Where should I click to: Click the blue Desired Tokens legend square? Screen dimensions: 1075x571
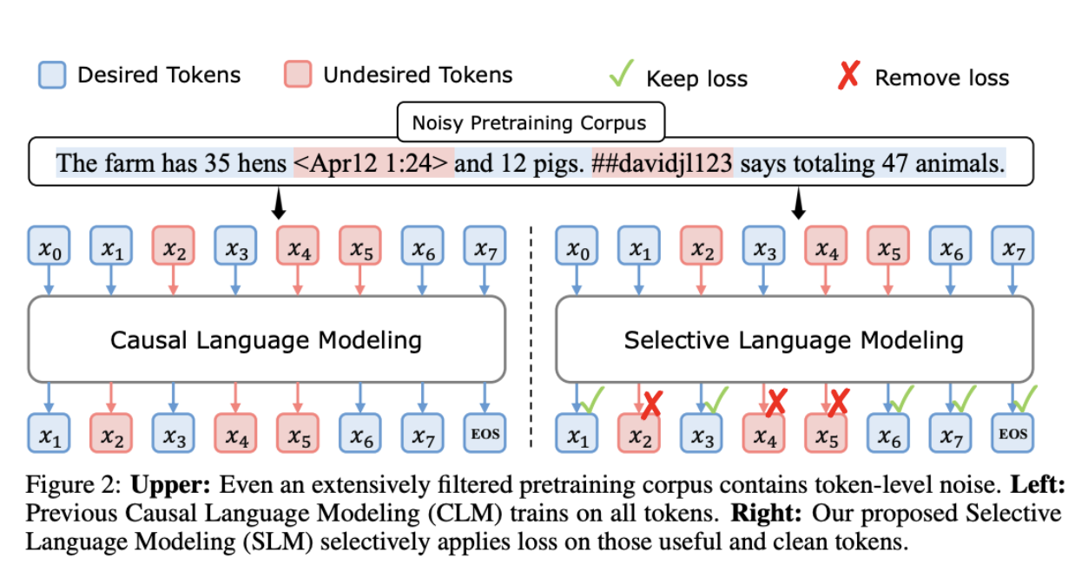(x=52, y=75)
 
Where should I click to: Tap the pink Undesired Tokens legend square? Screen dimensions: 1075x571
(x=298, y=74)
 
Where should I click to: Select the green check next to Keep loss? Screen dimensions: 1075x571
(x=622, y=74)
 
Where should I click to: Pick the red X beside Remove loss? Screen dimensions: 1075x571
(x=848, y=75)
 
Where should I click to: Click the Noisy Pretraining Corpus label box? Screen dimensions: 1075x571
(x=531, y=121)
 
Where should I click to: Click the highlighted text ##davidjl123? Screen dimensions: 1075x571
(x=663, y=163)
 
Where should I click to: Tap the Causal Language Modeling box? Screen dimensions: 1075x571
(x=267, y=339)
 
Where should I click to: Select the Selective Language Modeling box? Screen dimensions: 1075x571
(x=795, y=339)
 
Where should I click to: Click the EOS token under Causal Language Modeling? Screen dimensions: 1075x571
(x=485, y=433)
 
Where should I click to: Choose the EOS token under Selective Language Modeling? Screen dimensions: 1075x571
(x=1012, y=433)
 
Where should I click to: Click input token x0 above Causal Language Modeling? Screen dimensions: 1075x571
(x=49, y=246)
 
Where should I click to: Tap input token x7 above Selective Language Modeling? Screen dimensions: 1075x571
(x=1012, y=246)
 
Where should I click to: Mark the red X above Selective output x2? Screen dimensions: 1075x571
(x=653, y=404)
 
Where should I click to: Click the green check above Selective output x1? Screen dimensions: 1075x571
(x=592, y=399)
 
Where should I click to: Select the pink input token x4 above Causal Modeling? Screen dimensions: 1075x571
(x=298, y=246)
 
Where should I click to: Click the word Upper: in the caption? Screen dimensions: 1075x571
(x=170, y=484)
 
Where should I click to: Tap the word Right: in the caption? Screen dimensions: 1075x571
(x=767, y=513)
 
